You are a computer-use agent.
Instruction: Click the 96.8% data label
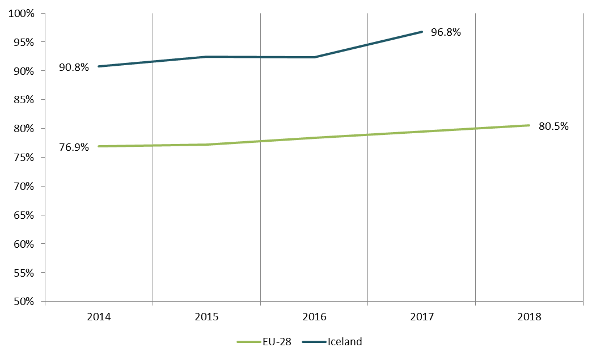[446, 32]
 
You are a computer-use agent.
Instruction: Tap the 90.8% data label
[74, 67]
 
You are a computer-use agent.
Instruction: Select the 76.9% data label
[74, 147]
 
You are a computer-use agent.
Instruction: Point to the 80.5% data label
[553, 126]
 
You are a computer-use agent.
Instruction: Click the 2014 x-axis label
[99, 317]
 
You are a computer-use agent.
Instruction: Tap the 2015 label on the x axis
[206, 317]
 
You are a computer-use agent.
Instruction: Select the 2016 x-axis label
[314, 317]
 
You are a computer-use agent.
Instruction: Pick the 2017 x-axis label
[421, 317]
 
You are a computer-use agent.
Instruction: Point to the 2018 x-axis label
[529, 317]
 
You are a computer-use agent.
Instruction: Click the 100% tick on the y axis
[22, 13]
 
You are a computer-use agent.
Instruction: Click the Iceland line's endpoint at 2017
[422, 32]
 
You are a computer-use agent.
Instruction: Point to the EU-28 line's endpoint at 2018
[529, 125]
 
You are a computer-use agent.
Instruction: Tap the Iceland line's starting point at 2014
[99, 66]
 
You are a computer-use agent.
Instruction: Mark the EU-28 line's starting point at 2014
[99, 146]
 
